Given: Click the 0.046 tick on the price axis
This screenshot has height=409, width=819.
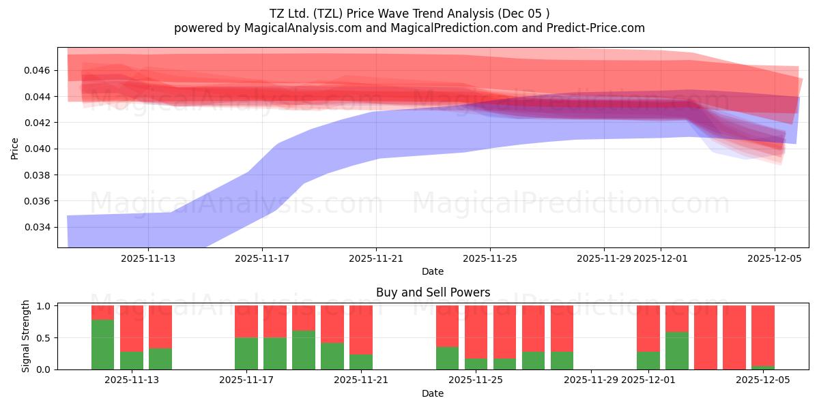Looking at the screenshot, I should click(39, 70).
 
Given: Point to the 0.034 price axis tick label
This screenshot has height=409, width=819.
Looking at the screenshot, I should click(39, 227).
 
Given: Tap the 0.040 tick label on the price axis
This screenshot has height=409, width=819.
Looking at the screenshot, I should click(39, 149).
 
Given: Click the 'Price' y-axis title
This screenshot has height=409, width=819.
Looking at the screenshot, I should click(15, 148).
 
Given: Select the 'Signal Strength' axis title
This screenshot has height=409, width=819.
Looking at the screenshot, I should click(26, 336).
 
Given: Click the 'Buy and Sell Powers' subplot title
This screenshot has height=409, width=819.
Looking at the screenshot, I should click(433, 292).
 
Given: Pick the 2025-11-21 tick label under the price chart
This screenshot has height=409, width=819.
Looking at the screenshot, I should click(376, 258).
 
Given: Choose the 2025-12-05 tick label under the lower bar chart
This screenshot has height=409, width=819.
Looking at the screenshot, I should click(762, 380).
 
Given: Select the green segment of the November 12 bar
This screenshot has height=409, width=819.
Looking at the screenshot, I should click(102, 344).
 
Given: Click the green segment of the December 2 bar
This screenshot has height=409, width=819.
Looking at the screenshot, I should click(676, 350).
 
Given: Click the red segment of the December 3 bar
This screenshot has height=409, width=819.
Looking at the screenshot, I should click(705, 337).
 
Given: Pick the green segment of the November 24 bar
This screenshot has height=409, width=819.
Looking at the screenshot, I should click(447, 358).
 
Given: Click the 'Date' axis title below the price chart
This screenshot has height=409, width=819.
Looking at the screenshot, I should click(433, 271).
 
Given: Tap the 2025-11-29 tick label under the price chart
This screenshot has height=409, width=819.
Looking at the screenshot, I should click(603, 258).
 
